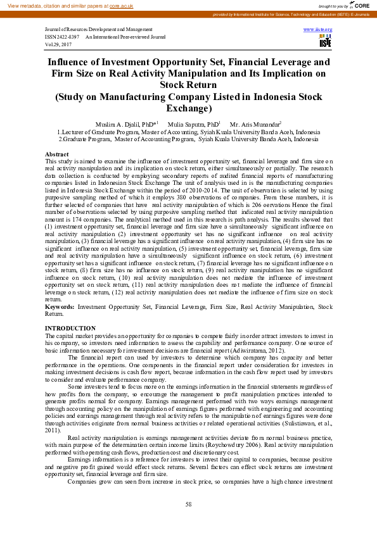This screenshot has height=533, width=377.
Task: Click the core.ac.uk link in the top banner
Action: [x=120, y=5]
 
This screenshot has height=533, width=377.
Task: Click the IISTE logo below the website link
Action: [x=325, y=41]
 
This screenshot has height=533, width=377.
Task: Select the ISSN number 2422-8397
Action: [x=63, y=37]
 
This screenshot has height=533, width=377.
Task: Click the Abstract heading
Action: [x=57, y=154]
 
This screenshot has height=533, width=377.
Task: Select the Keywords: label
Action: [x=60, y=306]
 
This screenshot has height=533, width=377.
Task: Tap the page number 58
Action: [x=188, y=504]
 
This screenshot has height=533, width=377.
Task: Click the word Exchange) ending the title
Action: [x=188, y=108]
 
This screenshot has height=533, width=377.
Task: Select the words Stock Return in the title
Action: [x=188, y=85]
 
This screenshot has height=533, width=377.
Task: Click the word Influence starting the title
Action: [x=72, y=62]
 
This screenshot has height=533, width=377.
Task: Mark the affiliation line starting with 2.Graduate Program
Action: [x=188, y=138]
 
